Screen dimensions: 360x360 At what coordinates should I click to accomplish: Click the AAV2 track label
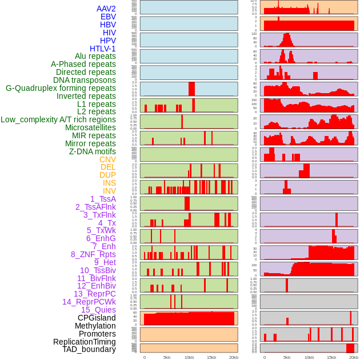point(106,9)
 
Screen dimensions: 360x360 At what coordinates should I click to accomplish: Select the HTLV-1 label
point(103,49)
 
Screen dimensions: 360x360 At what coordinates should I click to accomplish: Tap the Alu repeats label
point(95,56)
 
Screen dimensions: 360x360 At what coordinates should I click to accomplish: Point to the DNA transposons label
point(85,80)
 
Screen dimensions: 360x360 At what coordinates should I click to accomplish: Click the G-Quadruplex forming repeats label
point(61,88)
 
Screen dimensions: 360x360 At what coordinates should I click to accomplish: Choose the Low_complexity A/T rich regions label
point(58,119)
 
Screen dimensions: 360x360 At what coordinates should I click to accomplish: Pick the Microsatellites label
point(90,127)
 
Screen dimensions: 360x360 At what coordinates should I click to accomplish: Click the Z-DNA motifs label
point(93,151)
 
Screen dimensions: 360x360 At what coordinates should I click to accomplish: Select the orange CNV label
point(107,159)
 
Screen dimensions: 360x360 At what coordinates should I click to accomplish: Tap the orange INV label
point(109,191)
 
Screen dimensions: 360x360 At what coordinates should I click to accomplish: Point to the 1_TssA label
point(103,199)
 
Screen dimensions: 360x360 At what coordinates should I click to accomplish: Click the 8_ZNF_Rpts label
point(93,254)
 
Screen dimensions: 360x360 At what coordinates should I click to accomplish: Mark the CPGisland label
point(97,318)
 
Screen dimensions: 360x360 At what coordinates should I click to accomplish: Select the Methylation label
point(95,326)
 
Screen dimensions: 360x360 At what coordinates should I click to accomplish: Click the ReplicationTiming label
point(84,342)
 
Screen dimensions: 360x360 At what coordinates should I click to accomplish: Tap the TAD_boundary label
point(89,349)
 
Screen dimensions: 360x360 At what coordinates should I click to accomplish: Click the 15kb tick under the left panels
point(211,357)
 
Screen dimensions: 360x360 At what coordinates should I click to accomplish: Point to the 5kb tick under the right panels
point(287,357)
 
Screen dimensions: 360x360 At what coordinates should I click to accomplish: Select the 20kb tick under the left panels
point(234,357)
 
